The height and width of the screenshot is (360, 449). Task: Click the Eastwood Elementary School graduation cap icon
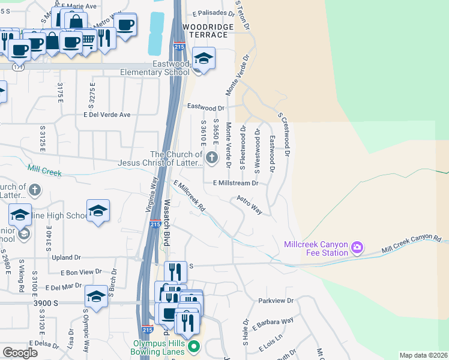click(204, 59)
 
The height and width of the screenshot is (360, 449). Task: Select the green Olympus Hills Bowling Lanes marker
click(193, 347)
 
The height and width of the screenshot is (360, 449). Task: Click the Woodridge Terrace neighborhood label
click(205, 31)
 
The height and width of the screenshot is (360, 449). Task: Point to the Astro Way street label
click(250, 205)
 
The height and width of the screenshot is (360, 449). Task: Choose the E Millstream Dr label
click(235, 183)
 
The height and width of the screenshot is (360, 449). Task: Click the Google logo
click(20, 353)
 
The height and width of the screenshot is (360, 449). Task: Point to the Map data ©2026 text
click(423, 355)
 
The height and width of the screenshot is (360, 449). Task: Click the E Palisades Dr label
click(213, 13)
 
